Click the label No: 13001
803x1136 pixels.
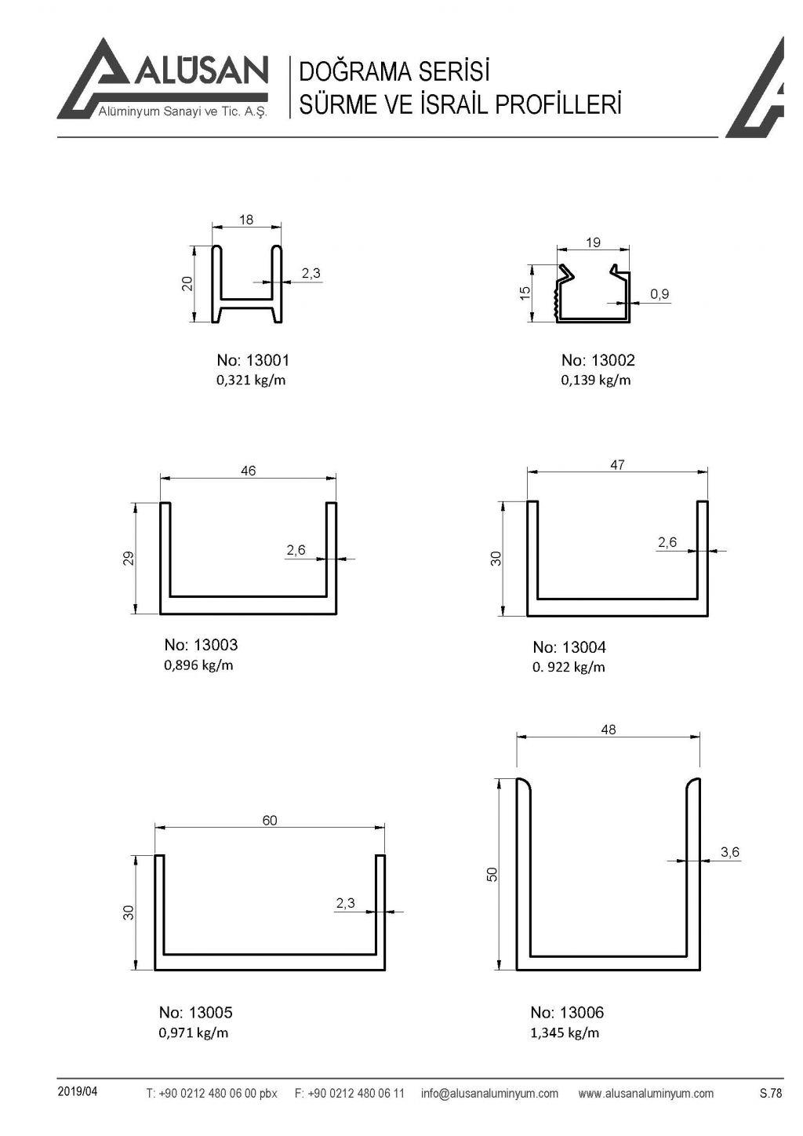[x=253, y=360]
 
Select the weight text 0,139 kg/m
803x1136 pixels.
[x=595, y=380]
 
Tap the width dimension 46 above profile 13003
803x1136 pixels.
[x=248, y=471]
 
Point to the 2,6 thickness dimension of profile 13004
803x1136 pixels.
[x=667, y=542]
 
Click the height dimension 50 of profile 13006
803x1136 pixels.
[x=492, y=874]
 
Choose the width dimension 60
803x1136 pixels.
[x=270, y=821]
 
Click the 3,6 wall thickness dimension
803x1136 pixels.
[x=730, y=852]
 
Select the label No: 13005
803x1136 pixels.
[x=196, y=1012]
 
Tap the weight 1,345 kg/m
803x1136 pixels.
[x=565, y=1032]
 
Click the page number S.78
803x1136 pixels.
[x=771, y=1093]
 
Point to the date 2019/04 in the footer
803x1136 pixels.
[x=78, y=1092]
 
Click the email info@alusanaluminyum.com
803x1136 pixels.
[x=489, y=1093]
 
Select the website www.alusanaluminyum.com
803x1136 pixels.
[x=645, y=1093]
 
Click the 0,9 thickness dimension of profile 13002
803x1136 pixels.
[x=659, y=294]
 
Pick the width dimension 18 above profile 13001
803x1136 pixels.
[x=246, y=220]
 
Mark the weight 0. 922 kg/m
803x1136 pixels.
[x=569, y=668]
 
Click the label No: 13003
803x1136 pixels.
[x=201, y=645]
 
